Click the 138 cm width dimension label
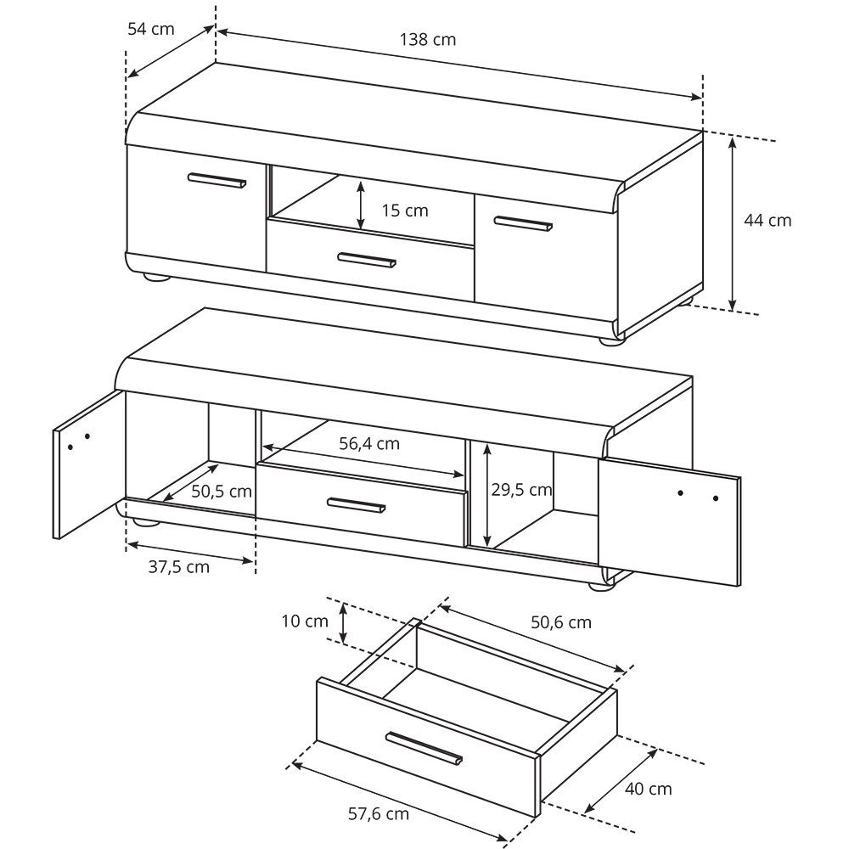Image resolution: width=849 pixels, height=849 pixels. (x=427, y=39)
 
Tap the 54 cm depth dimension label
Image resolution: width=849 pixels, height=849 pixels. (x=150, y=28)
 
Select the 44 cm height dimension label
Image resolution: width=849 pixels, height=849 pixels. (x=767, y=220)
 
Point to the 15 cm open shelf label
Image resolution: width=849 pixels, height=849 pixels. (x=405, y=210)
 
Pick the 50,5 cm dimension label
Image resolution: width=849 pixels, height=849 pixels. (x=221, y=491)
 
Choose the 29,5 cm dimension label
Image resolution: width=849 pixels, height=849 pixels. (x=521, y=490)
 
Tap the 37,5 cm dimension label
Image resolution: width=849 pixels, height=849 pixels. (x=178, y=567)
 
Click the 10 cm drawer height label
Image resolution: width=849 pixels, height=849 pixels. (x=304, y=621)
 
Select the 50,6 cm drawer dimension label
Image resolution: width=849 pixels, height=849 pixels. (x=560, y=622)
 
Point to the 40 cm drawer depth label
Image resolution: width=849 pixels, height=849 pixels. (x=648, y=789)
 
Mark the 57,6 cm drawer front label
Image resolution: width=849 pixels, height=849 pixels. (x=378, y=814)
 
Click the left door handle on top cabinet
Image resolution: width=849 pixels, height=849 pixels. (x=216, y=180)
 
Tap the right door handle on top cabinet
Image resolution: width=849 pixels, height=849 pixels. (x=523, y=223)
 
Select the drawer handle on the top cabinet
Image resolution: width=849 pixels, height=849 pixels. (x=366, y=260)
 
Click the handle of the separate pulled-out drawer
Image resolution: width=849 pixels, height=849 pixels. (x=424, y=747)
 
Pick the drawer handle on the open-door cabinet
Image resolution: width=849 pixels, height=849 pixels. (x=356, y=505)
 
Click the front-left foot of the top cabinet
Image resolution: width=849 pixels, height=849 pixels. (x=155, y=276)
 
